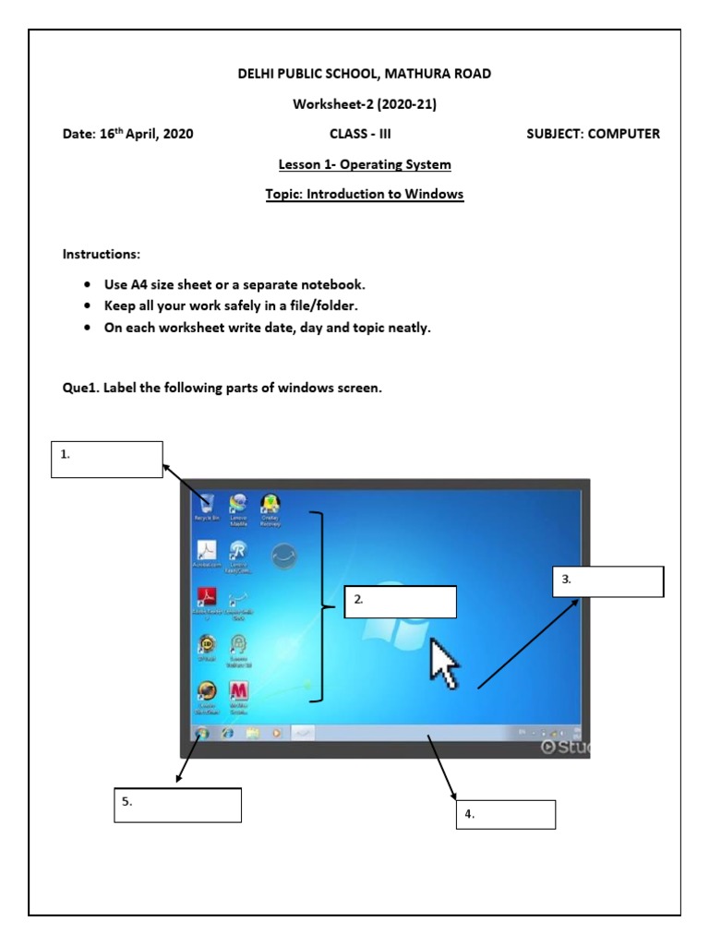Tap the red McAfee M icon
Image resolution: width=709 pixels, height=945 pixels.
[x=238, y=692]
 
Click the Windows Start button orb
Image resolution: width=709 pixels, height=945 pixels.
[x=201, y=733]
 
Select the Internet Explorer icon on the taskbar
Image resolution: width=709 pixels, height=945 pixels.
[x=226, y=733]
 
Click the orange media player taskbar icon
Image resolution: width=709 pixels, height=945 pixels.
[x=275, y=733]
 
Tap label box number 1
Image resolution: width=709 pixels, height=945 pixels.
[x=107, y=459]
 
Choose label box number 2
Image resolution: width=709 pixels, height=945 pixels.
[x=401, y=601]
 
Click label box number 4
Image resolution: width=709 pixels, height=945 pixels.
[x=506, y=814]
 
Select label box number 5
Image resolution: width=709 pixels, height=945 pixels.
[x=178, y=804]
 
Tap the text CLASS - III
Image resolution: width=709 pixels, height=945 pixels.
[x=360, y=134]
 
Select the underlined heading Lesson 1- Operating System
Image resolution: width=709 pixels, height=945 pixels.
[x=365, y=164]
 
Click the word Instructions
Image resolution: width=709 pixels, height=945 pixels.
[x=102, y=254]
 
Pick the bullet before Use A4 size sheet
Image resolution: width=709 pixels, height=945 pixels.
[x=87, y=285]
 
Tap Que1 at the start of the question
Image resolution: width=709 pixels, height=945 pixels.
[x=80, y=388]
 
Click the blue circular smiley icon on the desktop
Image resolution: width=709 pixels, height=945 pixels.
[x=283, y=556]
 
